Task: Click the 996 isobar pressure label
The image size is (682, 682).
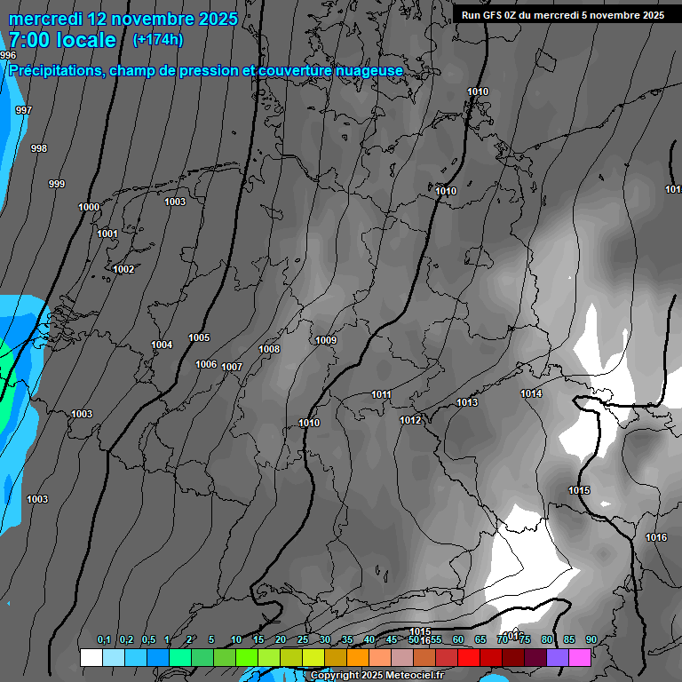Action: (8, 55)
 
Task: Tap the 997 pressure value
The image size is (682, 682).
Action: (24, 110)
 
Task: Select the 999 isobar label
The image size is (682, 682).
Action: (57, 184)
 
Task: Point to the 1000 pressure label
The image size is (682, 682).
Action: (89, 207)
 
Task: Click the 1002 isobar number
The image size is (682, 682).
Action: (123, 269)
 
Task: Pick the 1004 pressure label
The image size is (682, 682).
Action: (162, 345)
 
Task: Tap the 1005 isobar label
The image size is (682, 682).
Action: (199, 337)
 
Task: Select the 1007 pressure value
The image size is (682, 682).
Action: (232, 367)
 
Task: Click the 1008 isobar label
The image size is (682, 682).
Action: (269, 349)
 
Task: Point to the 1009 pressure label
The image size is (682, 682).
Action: (326, 340)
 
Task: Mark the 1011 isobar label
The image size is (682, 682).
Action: (382, 394)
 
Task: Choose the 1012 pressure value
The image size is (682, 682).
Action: (410, 420)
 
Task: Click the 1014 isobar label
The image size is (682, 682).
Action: (531, 393)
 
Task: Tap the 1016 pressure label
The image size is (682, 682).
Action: (656, 537)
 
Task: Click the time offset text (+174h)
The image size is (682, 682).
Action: (158, 39)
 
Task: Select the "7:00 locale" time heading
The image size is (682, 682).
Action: (62, 40)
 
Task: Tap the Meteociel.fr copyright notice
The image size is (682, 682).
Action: (374, 675)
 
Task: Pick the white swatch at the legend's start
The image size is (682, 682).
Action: (91, 657)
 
